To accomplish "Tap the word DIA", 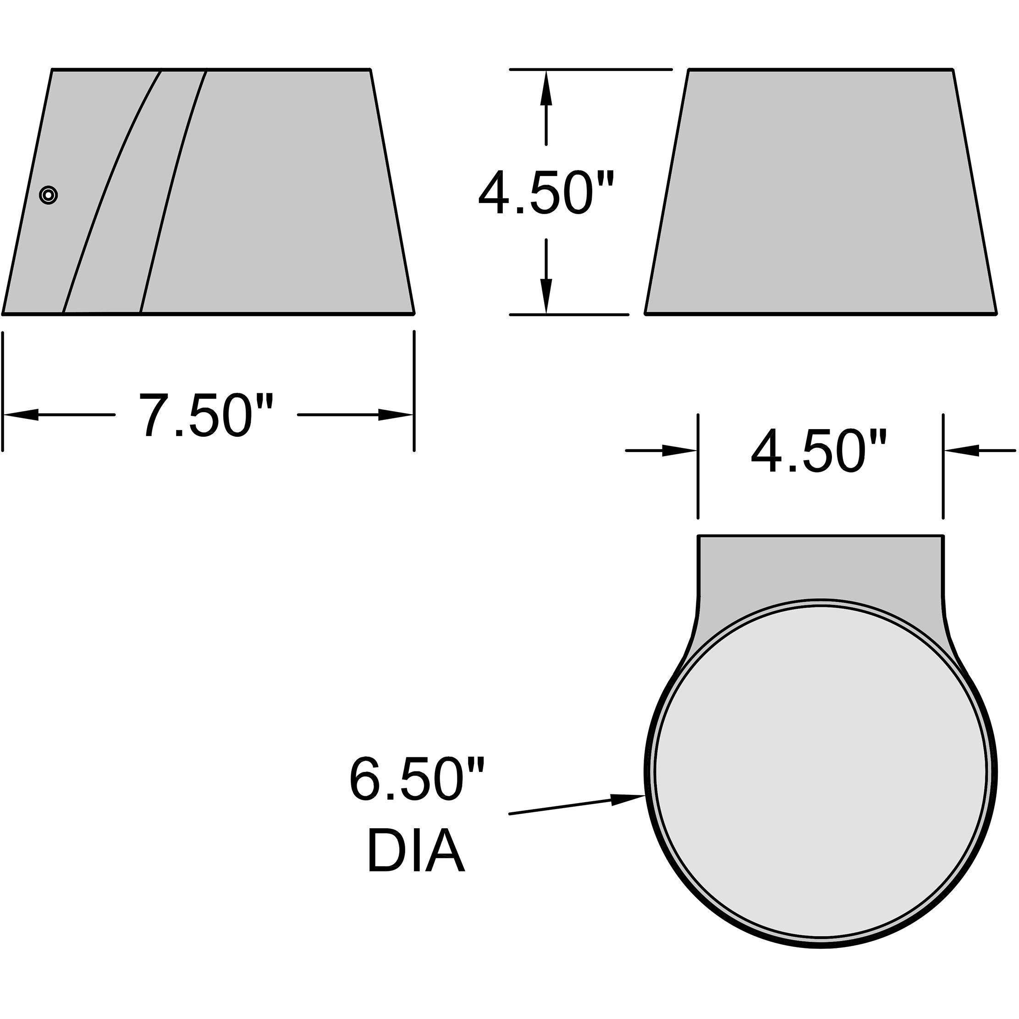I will [416, 851].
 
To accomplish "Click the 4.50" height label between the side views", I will [546, 192].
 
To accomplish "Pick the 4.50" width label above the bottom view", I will [819, 451].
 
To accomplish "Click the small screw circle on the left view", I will [49, 195].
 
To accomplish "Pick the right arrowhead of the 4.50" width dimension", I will [962, 451].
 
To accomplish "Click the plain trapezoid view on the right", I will [821, 192].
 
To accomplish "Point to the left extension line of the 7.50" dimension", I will [3, 390].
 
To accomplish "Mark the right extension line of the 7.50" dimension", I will [414, 390].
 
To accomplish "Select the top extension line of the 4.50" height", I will [591, 69].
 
